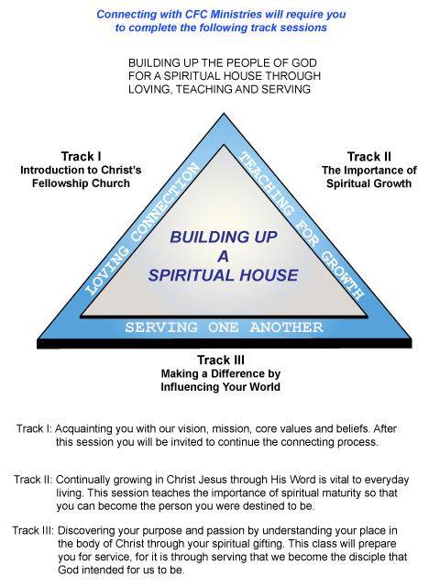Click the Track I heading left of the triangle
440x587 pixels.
click(x=81, y=156)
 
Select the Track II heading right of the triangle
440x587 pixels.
click(x=368, y=156)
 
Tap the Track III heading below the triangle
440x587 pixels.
click(x=221, y=360)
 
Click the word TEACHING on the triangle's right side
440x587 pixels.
click(x=267, y=183)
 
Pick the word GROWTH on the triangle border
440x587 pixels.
click(x=343, y=275)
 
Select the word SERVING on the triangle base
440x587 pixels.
click(x=161, y=327)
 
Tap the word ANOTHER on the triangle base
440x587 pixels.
click(x=286, y=327)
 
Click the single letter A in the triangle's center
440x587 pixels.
click(x=223, y=257)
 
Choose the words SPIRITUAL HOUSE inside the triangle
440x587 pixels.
click(x=224, y=275)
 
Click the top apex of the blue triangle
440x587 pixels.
click(x=224, y=113)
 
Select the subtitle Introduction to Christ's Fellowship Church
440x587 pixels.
click(x=81, y=177)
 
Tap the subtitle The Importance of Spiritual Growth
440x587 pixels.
click(x=368, y=177)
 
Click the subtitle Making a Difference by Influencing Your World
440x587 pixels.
click(x=221, y=380)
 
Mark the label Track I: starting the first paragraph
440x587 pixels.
click(x=34, y=428)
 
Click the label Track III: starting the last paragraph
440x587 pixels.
click(x=33, y=530)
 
